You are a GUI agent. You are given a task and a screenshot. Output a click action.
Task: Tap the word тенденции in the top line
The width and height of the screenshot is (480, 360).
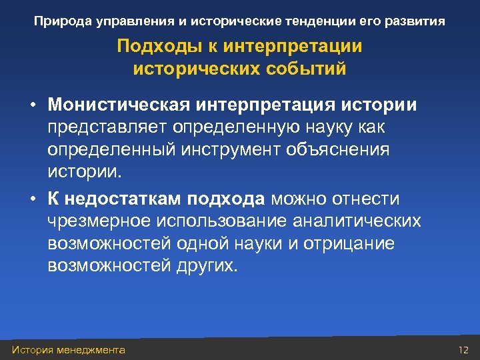coord(312,21)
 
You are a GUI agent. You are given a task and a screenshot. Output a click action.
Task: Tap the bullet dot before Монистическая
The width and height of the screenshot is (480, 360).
coord(31,106)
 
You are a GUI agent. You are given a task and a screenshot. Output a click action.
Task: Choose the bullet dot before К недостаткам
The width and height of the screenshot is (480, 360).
coord(31,199)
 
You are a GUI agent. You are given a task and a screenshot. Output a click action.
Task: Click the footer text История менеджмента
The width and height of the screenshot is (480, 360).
coord(69,350)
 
